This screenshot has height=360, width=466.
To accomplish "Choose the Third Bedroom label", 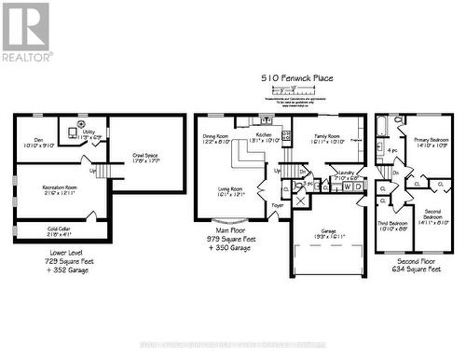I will [x=391, y=224].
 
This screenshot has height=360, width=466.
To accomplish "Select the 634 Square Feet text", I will [x=413, y=270].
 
